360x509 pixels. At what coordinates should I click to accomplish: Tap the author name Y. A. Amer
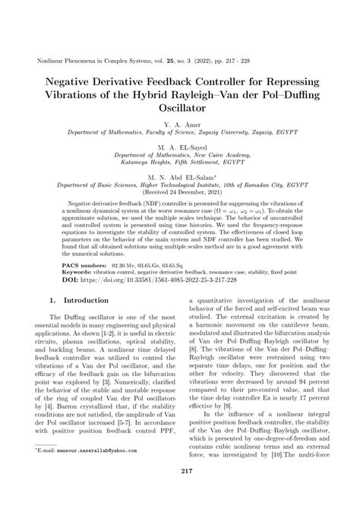click(180, 123)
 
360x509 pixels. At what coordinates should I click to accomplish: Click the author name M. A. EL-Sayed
click(180, 145)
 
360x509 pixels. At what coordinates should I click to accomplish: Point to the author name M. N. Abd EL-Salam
click(179, 174)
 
